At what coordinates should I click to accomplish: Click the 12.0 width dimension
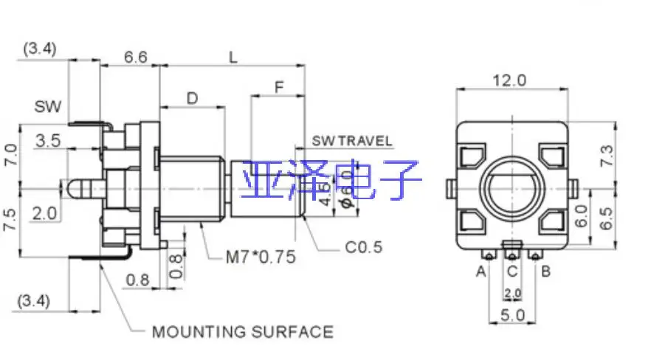pyautogui.click(x=510, y=80)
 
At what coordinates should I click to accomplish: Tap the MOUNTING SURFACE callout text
pyautogui.click(x=242, y=332)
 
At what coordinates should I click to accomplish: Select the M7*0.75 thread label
pyautogui.click(x=261, y=257)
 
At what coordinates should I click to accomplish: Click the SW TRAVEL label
pyautogui.click(x=352, y=141)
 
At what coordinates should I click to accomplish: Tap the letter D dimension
pyautogui.click(x=192, y=98)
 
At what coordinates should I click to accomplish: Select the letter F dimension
pyautogui.click(x=278, y=87)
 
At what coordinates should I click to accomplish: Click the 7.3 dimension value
pyautogui.click(x=606, y=156)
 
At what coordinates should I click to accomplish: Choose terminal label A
pyautogui.click(x=481, y=271)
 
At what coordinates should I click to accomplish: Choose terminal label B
pyautogui.click(x=546, y=271)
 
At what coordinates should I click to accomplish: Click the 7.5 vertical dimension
pyautogui.click(x=10, y=219)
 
